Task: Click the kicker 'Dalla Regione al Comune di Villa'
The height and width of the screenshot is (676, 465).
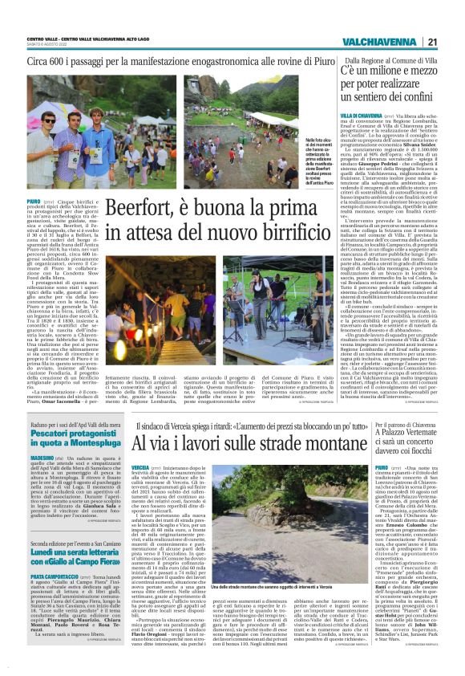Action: pyautogui.click(x=389, y=59)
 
